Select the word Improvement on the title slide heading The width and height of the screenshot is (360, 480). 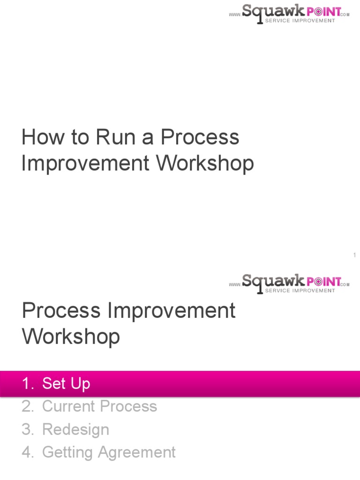click(x=86, y=163)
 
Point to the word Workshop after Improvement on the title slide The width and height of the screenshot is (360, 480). click(x=205, y=163)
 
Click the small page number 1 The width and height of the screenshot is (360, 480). click(x=355, y=255)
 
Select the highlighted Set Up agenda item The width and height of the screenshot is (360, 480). click(x=66, y=383)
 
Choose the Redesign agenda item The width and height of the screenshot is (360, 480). click(x=75, y=429)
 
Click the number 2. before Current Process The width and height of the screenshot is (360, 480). click(x=28, y=406)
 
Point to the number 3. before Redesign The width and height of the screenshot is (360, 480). click(x=28, y=429)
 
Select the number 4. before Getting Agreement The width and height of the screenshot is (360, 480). click(x=28, y=452)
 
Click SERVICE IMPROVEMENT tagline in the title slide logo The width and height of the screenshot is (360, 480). click(x=300, y=21)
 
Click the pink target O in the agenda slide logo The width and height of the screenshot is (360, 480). click(x=320, y=281)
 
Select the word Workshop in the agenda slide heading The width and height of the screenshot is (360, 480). click(x=71, y=337)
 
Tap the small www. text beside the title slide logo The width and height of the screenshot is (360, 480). click(x=235, y=15)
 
